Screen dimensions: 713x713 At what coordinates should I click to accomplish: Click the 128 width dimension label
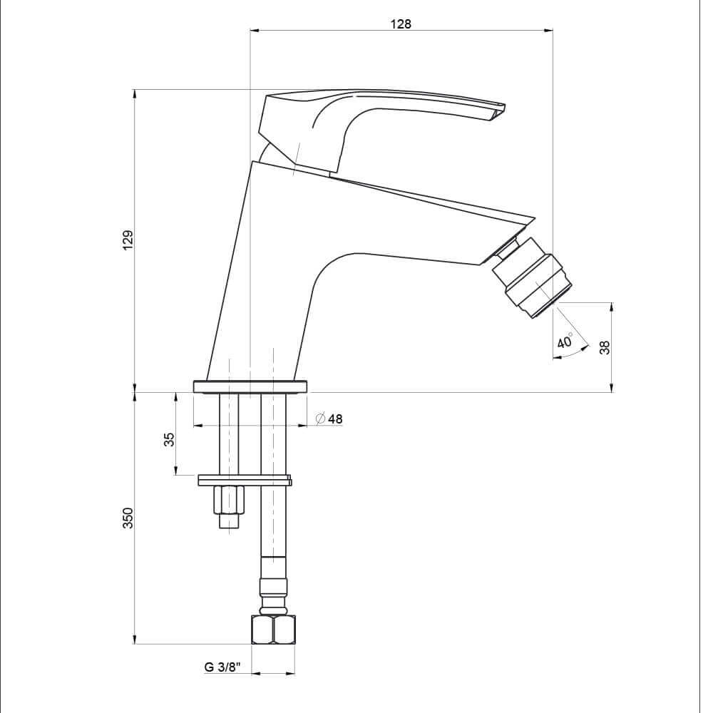click(x=401, y=24)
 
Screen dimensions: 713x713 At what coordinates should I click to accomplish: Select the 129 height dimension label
click(x=128, y=240)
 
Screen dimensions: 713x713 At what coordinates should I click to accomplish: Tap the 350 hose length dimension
click(x=128, y=518)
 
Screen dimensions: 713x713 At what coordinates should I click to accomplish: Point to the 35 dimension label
click(x=169, y=438)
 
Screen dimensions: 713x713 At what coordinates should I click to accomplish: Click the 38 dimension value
click(x=605, y=347)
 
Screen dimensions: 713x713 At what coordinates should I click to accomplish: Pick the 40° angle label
click(x=565, y=341)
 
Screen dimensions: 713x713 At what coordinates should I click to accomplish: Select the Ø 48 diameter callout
click(x=329, y=419)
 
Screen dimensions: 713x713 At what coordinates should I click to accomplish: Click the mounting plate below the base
click(x=245, y=480)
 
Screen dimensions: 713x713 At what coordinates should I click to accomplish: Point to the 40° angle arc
click(x=575, y=354)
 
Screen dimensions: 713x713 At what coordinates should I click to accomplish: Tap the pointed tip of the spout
click(x=533, y=217)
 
